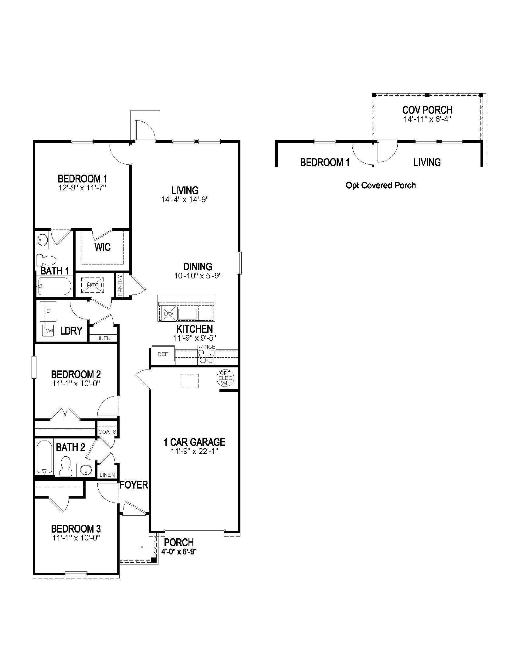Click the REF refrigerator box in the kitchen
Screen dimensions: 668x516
[163, 354]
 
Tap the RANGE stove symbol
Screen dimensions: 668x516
[207, 356]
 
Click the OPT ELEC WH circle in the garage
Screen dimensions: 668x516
[225, 379]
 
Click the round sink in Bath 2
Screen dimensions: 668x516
[86, 470]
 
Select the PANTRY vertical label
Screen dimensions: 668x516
[120, 285]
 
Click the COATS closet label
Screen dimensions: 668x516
[107, 432]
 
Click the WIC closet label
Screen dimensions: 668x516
[102, 247]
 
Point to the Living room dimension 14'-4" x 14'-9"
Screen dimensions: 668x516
[185, 200]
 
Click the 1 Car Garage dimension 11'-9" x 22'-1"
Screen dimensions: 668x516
[195, 451]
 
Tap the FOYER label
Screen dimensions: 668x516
[134, 485]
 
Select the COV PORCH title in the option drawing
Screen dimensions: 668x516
[427, 110]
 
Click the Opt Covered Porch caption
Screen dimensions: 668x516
[381, 185]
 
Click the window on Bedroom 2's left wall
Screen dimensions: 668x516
[34, 367]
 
